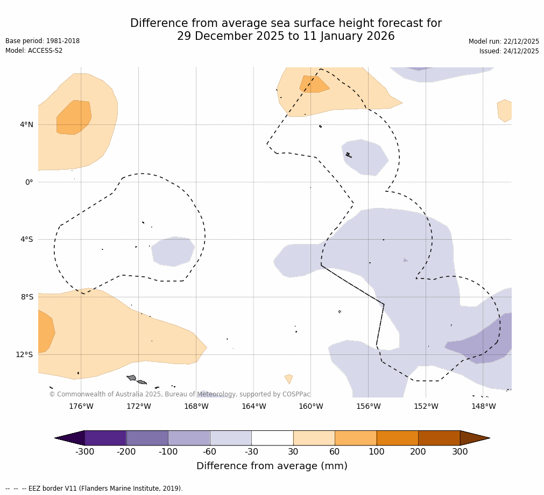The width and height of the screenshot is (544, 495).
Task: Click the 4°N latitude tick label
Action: (x=26, y=125)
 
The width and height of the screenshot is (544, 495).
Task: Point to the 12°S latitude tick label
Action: (x=24, y=354)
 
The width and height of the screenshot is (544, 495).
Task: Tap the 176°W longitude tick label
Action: (x=81, y=406)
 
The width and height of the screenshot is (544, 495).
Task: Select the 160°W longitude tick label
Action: (x=310, y=406)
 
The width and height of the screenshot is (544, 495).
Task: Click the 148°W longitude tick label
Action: (x=483, y=406)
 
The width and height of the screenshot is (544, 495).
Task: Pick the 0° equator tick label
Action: (x=29, y=182)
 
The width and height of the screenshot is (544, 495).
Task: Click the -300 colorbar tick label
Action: (x=84, y=452)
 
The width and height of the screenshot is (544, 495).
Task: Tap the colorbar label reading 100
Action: (x=376, y=452)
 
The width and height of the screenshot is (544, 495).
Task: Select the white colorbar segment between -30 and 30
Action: (x=272, y=438)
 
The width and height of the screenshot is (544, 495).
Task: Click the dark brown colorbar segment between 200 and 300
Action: (x=439, y=438)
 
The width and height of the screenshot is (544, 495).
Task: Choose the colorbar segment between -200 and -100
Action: (x=147, y=438)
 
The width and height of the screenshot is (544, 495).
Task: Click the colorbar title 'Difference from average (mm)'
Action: (x=272, y=466)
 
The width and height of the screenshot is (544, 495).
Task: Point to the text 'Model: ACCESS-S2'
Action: (x=34, y=51)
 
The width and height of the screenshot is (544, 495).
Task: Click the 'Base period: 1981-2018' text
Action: (x=43, y=41)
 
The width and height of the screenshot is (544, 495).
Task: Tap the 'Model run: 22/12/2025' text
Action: (x=504, y=41)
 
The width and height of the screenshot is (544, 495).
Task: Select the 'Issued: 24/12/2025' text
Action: (x=509, y=51)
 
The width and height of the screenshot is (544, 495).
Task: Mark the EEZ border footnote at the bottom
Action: (x=94, y=489)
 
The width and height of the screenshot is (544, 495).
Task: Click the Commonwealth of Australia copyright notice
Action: (x=180, y=394)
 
